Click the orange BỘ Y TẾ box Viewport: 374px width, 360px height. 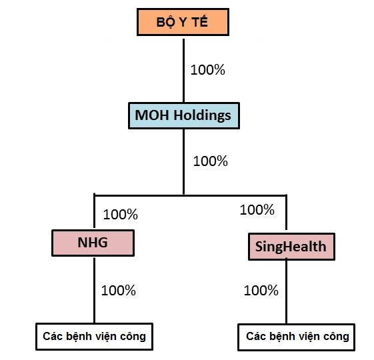(x=183, y=22)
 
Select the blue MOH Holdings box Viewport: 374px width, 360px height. (x=184, y=116)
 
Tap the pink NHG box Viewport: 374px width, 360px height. (x=93, y=243)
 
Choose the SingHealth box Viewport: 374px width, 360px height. (x=291, y=247)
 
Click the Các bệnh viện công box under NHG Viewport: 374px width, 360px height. (x=94, y=337)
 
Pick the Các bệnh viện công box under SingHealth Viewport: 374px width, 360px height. (x=297, y=337)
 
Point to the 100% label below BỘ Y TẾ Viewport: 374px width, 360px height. (x=208, y=70)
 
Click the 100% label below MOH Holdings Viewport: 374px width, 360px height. (x=211, y=161)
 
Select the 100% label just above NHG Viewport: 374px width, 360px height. (x=121, y=214)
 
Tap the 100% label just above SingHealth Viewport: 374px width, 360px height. (x=257, y=210)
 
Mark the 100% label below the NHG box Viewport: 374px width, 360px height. (x=119, y=291)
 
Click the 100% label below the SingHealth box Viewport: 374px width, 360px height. (x=261, y=291)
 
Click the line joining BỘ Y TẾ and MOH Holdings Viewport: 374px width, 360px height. (x=183, y=71)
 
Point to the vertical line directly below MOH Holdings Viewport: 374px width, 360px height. (x=183, y=162)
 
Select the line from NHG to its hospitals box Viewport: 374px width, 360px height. (x=95, y=291)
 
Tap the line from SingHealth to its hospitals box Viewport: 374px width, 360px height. (x=286, y=292)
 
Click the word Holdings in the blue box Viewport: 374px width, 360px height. (x=202, y=116)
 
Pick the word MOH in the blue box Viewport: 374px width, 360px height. (x=153, y=115)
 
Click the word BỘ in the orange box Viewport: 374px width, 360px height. (x=165, y=23)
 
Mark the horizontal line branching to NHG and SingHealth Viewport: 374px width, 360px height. (x=191, y=195)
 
